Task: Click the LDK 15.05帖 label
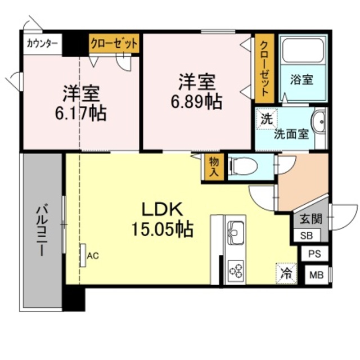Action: (x=162, y=219)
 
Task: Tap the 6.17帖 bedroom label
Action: (x=81, y=103)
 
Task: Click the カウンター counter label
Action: (x=42, y=43)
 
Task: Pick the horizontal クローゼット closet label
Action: (x=114, y=43)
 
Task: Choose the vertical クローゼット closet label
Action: (x=264, y=69)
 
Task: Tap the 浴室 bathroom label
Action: (x=301, y=79)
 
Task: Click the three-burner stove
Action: (x=236, y=269)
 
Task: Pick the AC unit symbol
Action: (x=83, y=255)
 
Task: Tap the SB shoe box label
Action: (x=307, y=236)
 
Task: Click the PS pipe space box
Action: (x=314, y=254)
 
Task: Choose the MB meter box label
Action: (x=316, y=274)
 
